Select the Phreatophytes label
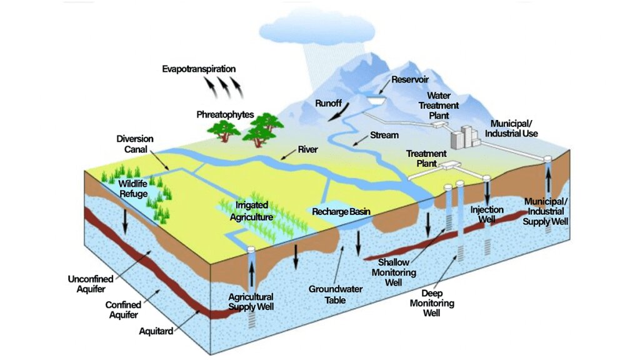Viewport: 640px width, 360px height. click(x=225, y=114)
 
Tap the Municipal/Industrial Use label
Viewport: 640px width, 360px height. click(x=514, y=129)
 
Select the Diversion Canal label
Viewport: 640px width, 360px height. click(x=135, y=144)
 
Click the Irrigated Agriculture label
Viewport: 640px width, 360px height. click(x=252, y=211)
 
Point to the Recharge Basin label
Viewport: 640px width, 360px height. click(x=341, y=212)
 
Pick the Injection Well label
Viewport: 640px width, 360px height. click(x=487, y=215)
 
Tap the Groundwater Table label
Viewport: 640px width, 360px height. click(x=329, y=294)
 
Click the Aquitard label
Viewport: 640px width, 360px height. click(x=156, y=331)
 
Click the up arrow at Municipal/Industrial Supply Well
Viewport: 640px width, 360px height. click(x=549, y=181)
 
